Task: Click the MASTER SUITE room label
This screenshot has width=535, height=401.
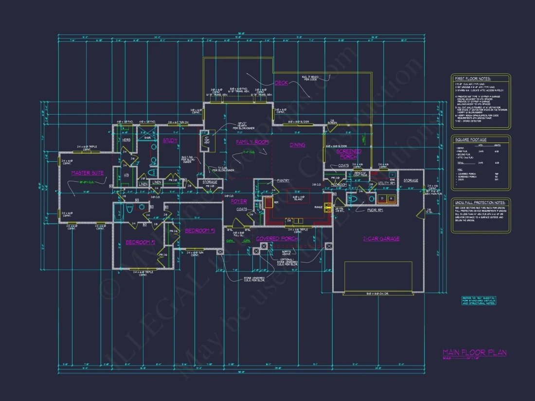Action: (88, 173)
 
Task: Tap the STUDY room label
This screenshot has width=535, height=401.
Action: (170, 141)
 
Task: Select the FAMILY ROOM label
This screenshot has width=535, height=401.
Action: (252, 142)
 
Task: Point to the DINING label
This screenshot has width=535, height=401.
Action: (297, 145)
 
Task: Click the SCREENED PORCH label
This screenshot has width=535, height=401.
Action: (349, 154)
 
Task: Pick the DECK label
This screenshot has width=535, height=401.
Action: (281, 83)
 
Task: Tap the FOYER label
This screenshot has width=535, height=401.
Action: (239, 201)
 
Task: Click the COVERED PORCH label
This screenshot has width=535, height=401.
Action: (277, 239)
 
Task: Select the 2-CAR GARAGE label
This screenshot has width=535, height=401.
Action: (381, 239)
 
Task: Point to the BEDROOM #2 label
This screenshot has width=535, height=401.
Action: (140, 242)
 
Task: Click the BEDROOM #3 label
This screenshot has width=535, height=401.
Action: (200, 230)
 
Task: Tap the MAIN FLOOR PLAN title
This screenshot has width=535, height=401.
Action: (474, 352)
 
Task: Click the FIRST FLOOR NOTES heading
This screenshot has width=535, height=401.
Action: (472, 78)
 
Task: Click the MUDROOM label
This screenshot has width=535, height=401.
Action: (339, 185)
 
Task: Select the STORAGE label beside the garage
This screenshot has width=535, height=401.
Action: (410, 181)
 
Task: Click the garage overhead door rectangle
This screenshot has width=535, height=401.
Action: (378, 277)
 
